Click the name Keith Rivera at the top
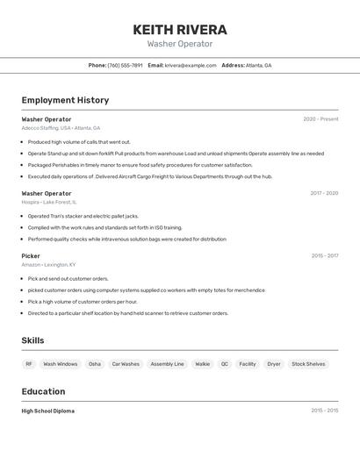click(180, 30)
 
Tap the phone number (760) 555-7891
click(125, 65)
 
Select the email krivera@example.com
click(191, 65)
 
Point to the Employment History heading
click(65, 100)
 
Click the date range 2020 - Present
click(320, 119)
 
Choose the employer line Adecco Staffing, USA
click(61, 128)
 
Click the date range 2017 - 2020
click(324, 193)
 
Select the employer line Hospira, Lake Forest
click(49, 202)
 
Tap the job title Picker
click(31, 256)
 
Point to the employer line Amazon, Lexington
click(48, 265)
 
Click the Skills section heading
click(32, 340)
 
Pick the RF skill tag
click(29, 364)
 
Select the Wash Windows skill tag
click(61, 364)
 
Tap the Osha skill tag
click(95, 364)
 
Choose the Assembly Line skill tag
click(167, 364)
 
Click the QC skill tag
click(225, 364)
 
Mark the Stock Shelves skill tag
click(308, 364)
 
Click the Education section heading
click(43, 391)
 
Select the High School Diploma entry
click(48, 411)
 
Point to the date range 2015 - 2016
click(324, 411)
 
